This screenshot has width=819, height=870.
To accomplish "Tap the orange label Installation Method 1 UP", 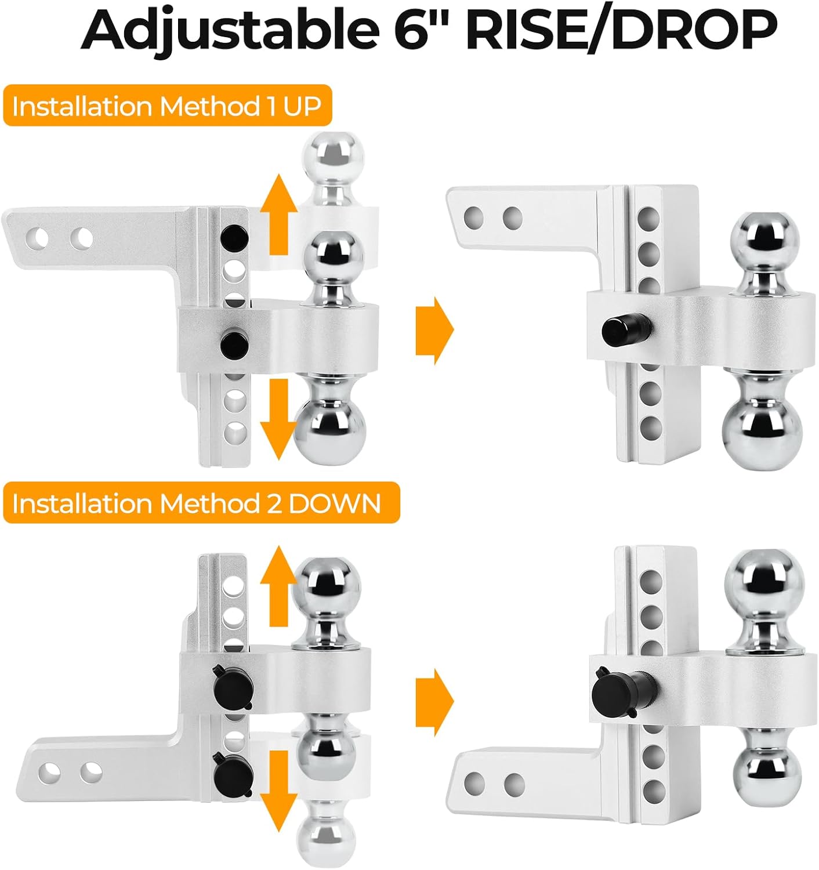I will point(166,106).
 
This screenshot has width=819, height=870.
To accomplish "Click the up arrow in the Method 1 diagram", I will point(278,215).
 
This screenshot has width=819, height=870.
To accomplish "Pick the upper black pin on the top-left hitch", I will point(235,236).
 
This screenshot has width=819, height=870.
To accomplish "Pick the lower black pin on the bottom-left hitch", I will point(230,773).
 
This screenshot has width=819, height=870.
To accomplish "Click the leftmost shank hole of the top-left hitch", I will point(39,237).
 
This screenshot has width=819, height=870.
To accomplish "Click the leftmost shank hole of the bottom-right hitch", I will point(474,784).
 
